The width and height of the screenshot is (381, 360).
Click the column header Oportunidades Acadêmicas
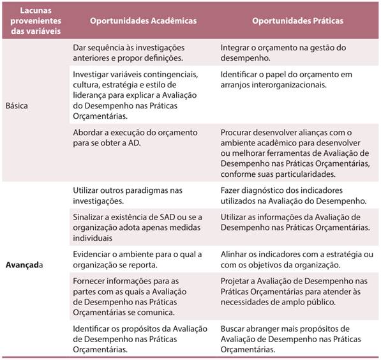click(143, 21)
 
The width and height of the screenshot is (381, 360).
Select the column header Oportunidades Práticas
click(297, 21)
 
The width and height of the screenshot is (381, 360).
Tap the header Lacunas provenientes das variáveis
click(36, 21)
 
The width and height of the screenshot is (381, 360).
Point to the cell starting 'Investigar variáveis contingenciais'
click(135, 94)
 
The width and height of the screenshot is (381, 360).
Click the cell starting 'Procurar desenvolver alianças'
click(296, 154)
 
